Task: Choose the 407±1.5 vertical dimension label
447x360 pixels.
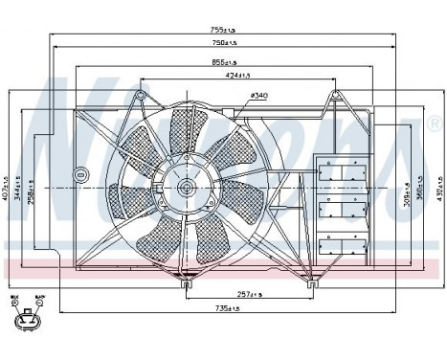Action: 7,182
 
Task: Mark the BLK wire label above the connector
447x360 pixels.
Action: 15,300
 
